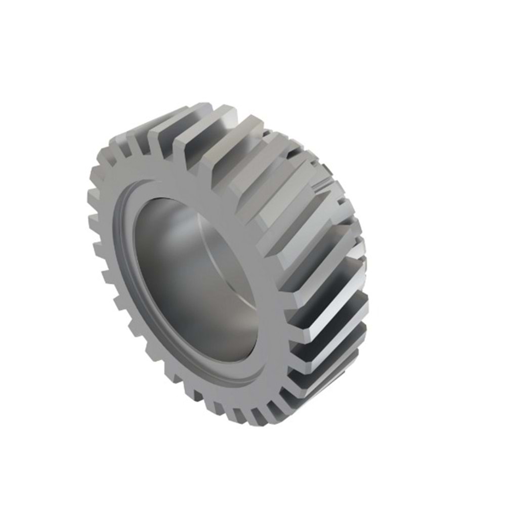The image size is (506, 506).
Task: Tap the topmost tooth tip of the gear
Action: (x=202, y=107)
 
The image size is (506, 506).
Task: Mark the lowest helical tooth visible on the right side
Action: (x=324, y=385)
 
